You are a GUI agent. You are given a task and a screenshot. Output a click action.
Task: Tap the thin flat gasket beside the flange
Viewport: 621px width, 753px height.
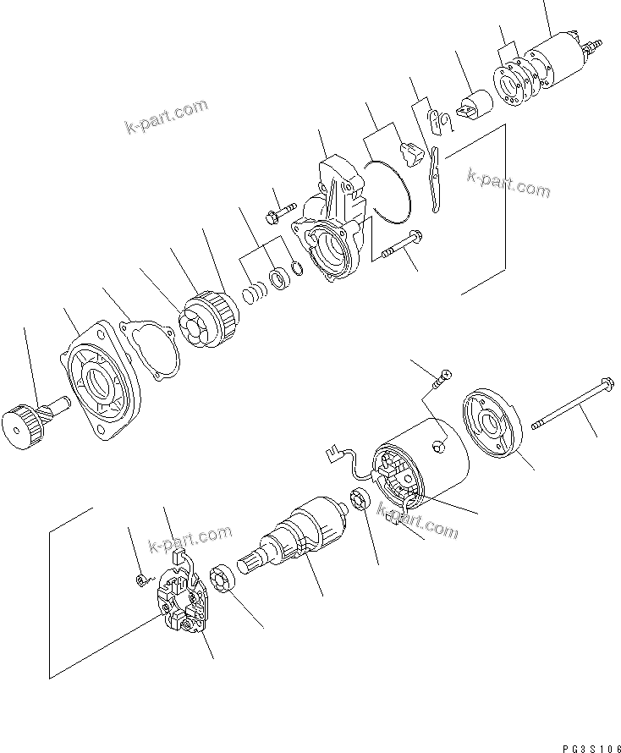point(152,345)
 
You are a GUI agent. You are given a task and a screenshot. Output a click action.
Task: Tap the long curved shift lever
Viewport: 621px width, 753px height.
point(436,179)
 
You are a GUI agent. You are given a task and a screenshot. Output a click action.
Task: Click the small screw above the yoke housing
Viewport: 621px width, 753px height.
point(439,382)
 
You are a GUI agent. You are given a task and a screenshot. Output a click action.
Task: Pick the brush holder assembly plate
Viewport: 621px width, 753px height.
point(182,604)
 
